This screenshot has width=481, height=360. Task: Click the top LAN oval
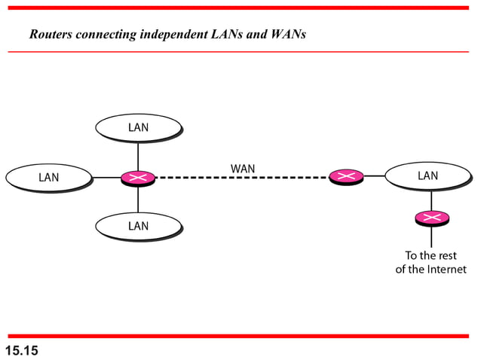pos(138,127)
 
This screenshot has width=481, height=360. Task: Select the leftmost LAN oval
pos(49,178)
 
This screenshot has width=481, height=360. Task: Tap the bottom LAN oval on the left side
pos(138,226)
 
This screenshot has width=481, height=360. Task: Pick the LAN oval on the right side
pos(427,176)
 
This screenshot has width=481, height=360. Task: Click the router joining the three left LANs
pos(138,178)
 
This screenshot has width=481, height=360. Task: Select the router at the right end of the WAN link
pos(346,176)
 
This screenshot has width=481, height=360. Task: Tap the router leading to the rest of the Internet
pos(431,218)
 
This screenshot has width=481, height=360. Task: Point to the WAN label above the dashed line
pos(242,168)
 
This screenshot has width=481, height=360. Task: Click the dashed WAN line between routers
pos(241,178)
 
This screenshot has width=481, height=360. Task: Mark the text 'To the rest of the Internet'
pos(431,262)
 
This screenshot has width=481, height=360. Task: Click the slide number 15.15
pos(22,350)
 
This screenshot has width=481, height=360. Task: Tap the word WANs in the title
pos(288,35)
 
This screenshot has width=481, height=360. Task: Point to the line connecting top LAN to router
pos(138,157)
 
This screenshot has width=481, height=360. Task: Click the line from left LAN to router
pos(106,178)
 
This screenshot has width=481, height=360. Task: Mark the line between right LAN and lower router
pos(431,200)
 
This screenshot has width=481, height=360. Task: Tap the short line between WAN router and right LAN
pos(374,176)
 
